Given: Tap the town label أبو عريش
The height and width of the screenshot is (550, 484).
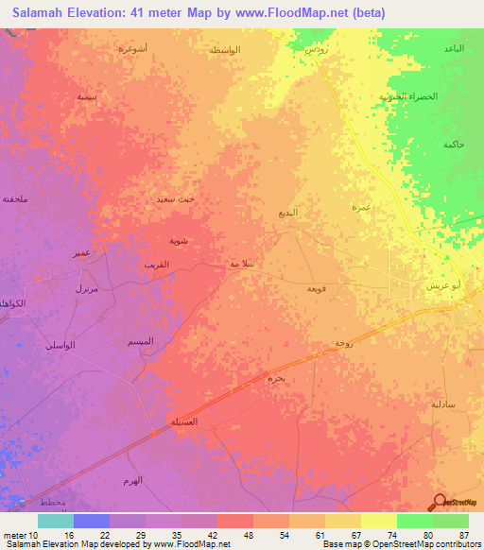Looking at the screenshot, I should tap(442, 284).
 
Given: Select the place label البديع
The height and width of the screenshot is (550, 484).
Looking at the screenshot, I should tap(288, 214).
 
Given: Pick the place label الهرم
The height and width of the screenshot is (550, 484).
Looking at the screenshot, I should tap(131, 481).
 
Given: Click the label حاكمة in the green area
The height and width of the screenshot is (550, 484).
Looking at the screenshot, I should tap(453, 144).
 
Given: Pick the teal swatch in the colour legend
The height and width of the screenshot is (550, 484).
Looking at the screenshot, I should tap(56, 521).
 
